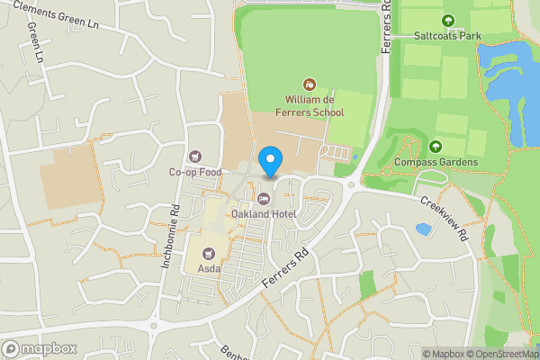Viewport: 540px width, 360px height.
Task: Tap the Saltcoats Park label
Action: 448,36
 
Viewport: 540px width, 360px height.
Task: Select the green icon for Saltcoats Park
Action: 448,21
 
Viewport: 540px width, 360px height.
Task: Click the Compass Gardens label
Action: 436,162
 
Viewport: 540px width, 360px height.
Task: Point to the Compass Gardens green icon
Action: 436,147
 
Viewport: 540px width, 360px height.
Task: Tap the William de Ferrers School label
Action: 314,106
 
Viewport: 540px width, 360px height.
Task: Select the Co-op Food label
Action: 195,172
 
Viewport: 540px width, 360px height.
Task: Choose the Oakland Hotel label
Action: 264,213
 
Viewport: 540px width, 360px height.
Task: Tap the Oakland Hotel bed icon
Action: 264,198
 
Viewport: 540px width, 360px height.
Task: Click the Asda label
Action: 210,268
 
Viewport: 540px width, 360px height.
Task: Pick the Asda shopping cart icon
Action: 210,253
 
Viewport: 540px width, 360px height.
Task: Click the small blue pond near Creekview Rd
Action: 423,229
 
